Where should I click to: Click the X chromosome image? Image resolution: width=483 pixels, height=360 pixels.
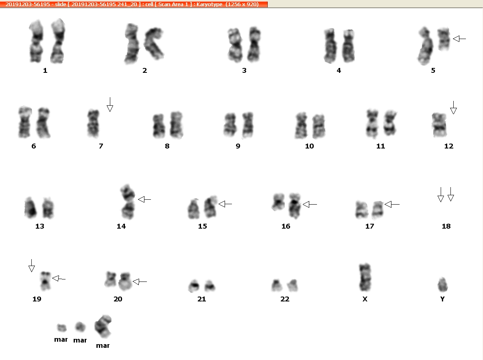pyautogui.click(x=365, y=277)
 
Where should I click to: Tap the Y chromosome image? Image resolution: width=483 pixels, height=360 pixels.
pyautogui.click(x=443, y=284)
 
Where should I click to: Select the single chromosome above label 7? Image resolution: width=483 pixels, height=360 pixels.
pyautogui.click(x=93, y=123)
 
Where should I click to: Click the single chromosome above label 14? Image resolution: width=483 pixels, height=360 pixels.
pyautogui.click(x=127, y=202)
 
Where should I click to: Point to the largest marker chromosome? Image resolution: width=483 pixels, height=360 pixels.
pyautogui.click(x=103, y=326)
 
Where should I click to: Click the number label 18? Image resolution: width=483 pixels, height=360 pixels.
pyautogui.click(x=446, y=226)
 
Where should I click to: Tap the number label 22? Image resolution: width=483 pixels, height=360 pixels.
pyautogui.click(x=285, y=299)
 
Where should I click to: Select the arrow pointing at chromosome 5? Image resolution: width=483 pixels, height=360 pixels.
pyautogui.click(x=459, y=39)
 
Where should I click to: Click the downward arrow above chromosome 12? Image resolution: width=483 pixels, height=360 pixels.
pyautogui.click(x=453, y=107)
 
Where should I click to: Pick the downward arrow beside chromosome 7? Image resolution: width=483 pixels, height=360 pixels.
pyautogui.click(x=110, y=105)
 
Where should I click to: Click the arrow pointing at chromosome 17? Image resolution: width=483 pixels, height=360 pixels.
pyautogui.click(x=392, y=204)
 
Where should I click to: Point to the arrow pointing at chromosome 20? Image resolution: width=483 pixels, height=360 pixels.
pyautogui.click(x=140, y=281)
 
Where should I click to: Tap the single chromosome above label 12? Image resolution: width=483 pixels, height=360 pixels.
pyautogui.click(x=439, y=125)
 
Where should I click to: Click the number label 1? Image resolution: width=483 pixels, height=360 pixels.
pyautogui.click(x=45, y=70)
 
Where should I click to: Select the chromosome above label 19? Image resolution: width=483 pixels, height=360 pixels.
pyautogui.click(x=46, y=281)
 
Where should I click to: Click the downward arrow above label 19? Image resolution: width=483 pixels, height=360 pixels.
pyautogui.click(x=31, y=266)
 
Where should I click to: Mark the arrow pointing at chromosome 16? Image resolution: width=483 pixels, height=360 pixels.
pyautogui.click(x=310, y=204)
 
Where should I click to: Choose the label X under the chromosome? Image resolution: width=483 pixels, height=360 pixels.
pyautogui.click(x=365, y=299)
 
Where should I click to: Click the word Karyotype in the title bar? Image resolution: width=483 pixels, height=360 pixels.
pyautogui.click(x=210, y=4)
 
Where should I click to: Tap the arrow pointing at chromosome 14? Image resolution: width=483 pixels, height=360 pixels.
pyautogui.click(x=144, y=200)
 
